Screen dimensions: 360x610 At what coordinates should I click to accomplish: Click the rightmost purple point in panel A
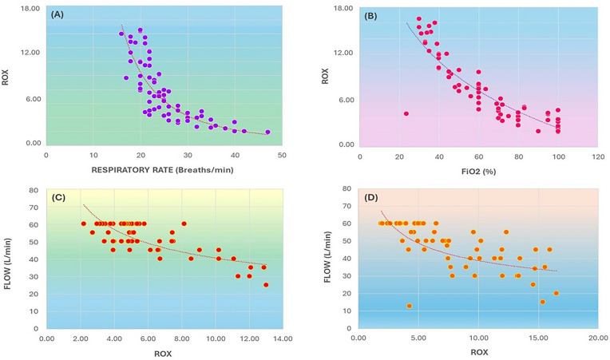[267, 133]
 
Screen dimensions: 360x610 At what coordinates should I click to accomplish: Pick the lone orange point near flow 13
[409, 306]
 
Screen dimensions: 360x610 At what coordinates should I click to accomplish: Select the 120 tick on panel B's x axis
[597, 156]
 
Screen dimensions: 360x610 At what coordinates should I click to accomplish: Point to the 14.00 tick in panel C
[282, 338]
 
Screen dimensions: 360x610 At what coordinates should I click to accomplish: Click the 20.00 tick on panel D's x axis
[597, 338]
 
